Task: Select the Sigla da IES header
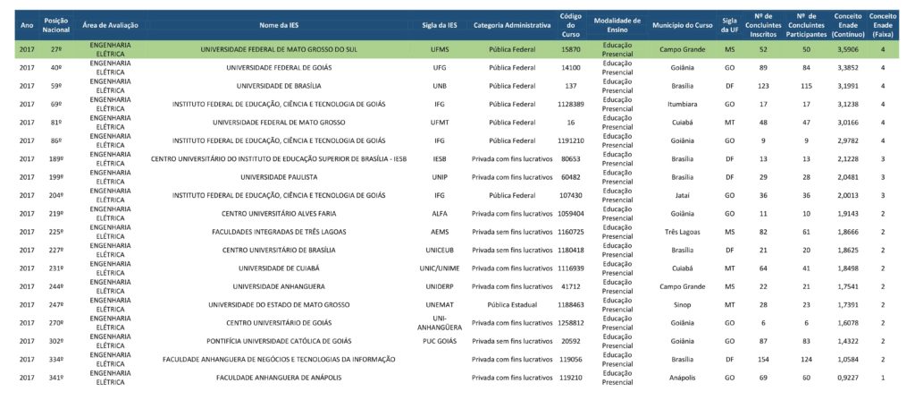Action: (440, 25)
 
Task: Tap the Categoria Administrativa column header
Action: (512, 25)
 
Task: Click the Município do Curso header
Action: (683, 25)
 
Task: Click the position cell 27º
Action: (56, 49)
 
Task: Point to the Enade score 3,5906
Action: (846, 49)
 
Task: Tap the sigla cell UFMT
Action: (440, 123)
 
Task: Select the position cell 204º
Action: (56, 195)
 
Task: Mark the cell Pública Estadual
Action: (512, 305)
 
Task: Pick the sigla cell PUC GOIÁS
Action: (440, 342)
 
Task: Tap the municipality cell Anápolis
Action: (683, 378)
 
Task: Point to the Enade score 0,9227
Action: (846, 378)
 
